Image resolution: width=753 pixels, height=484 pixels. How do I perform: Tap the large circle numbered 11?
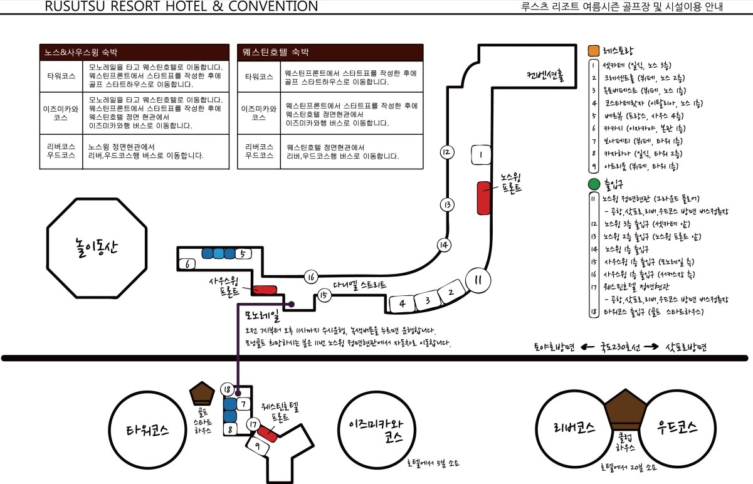pyautogui.click(x=478, y=280)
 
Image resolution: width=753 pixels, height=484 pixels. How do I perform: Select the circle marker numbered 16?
pyautogui.click(x=311, y=277)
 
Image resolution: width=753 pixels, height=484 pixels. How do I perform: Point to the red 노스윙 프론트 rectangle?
pyautogui.click(x=483, y=197)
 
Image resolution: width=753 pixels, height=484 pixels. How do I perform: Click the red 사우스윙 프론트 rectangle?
pyautogui.click(x=264, y=290)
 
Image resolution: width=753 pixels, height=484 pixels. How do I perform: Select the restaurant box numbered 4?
pyautogui.click(x=403, y=304)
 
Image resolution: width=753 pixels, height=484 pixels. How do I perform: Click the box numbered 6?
pyautogui.click(x=187, y=265)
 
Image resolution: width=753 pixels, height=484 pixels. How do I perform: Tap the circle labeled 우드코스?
pyautogui.click(x=678, y=428)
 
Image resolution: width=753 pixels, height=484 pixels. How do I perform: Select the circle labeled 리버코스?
pyautogui.click(x=574, y=428)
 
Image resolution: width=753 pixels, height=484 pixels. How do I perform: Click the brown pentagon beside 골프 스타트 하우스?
pyautogui.click(x=203, y=393)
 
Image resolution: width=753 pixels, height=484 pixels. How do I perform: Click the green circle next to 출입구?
pyautogui.click(x=594, y=185)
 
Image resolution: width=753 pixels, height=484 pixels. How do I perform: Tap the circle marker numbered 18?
pyautogui.click(x=227, y=389)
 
